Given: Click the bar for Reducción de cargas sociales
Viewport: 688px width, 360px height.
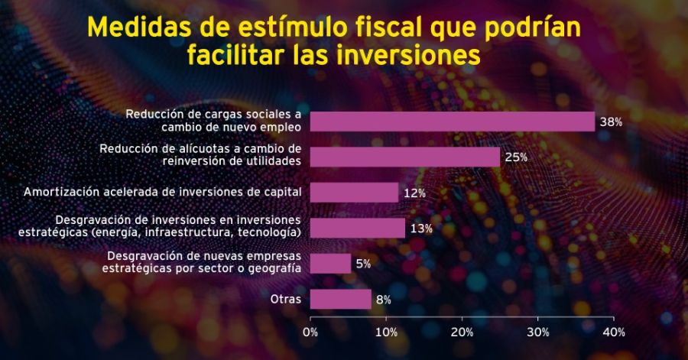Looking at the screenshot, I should point(452,122).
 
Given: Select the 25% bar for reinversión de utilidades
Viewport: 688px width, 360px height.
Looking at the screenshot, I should point(404,157).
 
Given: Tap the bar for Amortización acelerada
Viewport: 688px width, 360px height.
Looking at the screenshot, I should point(354,193).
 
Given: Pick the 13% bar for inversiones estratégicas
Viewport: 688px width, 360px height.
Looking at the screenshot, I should point(357,228).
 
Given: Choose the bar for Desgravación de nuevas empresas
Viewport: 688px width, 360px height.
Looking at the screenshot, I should point(330,264).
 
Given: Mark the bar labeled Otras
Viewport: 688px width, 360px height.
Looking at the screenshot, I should point(340,299).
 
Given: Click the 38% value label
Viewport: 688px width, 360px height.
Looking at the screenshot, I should point(612,122).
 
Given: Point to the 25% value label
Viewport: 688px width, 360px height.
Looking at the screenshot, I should point(517,157).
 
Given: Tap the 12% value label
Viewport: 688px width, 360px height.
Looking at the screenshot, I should point(414,193).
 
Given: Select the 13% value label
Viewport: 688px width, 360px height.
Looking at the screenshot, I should point(421,229).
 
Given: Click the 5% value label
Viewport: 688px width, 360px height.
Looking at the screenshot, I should point(363,264).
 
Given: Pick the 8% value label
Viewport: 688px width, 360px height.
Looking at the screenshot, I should point(384,300).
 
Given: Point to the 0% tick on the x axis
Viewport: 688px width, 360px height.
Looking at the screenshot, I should point(310,332).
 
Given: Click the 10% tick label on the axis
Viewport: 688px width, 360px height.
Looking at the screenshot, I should point(386,332).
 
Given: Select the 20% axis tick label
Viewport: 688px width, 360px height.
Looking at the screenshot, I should point(462,332).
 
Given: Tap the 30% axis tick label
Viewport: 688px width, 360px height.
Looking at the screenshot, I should point(537,332).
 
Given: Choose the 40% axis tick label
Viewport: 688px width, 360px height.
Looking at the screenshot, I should point(613,332).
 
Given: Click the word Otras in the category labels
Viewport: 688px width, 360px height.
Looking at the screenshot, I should point(286,299).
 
